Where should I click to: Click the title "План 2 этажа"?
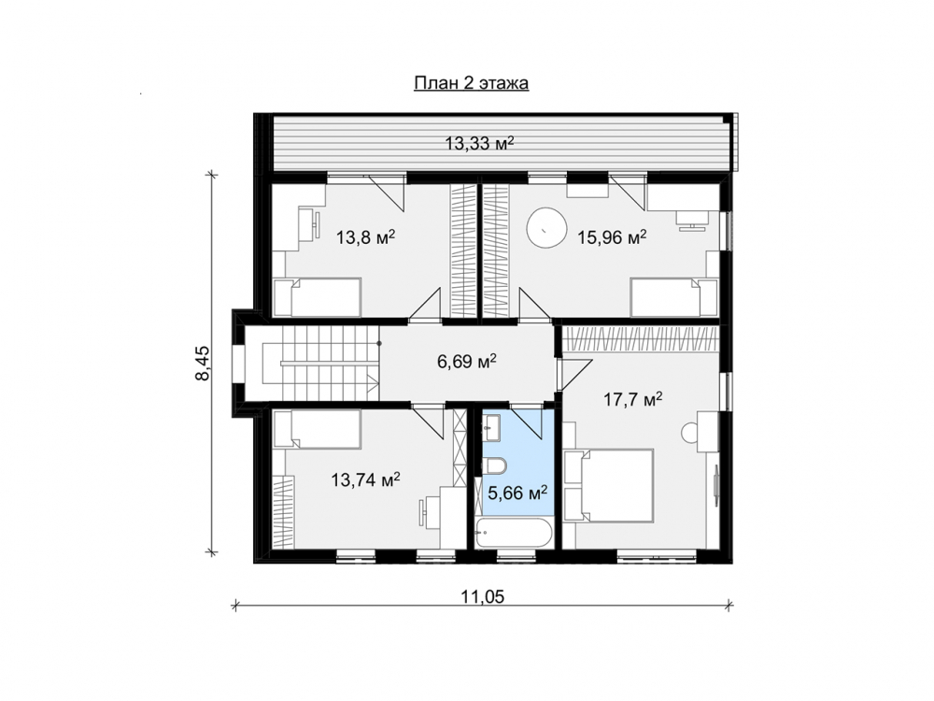pyautogui.click(x=471, y=83)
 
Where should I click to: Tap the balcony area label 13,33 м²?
pyautogui.click(x=479, y=143)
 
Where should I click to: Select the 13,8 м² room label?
pyautogui.click(x=366, y=237)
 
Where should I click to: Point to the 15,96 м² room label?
pyautogui.click(x=612, y=237)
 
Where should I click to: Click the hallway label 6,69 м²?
pyautogui.click(x=468, y=361)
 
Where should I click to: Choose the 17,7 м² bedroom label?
pyautogui.click(x=632, y=399)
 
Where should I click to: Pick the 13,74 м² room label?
pyautogui.click(x=365, y=479)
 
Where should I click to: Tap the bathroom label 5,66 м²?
pyautogui.click(x=517, y=493)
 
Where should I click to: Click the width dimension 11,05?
pyautogui.click(x=482, y=596)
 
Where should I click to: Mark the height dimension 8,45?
pyautogui.click(x=204, y=363)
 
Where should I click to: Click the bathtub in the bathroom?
pyautogui.click(x=514, y=532)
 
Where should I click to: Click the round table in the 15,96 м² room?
pyautogui.click(x=545, y=227)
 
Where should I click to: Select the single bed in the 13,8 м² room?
pyautogui.click(x=317, y=297)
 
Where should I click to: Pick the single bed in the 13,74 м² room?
pyautogui.click(x=317, y=429)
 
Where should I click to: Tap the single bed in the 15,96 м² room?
pyautogui.click(x=674, y=297)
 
